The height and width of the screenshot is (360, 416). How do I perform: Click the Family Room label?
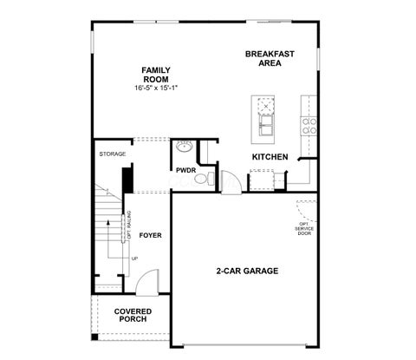coord(156,75)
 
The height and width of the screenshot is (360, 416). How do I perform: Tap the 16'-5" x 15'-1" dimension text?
coord(156,88)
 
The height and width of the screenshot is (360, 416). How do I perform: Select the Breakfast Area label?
coord(270,58)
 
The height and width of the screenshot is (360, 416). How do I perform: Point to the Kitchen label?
coord(270,157)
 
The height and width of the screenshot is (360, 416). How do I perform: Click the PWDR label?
coord(186,170)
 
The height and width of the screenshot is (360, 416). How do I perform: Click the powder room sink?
coord(184,147)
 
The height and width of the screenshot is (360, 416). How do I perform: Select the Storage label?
coord(113,154)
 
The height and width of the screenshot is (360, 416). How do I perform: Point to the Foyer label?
coord(150,235)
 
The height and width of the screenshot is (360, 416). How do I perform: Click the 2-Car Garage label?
coord(247,271)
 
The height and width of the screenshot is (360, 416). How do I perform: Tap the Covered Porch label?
coord(133,315)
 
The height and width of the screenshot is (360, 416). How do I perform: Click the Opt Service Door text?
coord(304,228)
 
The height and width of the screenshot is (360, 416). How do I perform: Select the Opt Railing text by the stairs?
coord(129,225)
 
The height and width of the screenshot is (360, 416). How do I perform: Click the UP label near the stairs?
coord(134,259)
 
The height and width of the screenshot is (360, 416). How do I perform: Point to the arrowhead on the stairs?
coord(108,222)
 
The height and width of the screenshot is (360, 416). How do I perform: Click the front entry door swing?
coord(147,283)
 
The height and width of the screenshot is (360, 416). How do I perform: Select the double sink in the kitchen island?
coord(266,125)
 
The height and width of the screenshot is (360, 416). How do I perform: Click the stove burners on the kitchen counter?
coord(309,126)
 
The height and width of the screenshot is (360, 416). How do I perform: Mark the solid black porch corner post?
coord(94,337)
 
